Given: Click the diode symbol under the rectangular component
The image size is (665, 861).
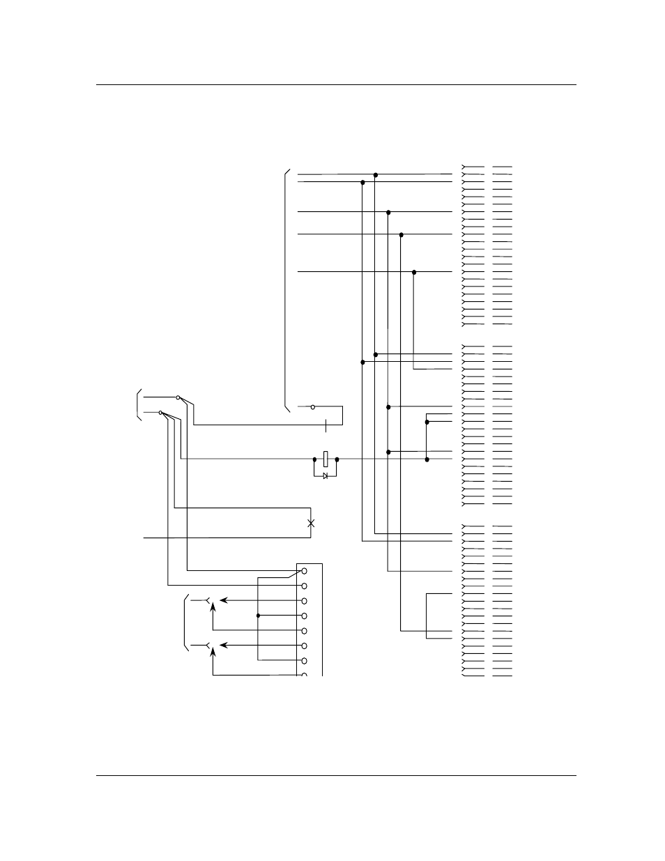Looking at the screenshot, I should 326,475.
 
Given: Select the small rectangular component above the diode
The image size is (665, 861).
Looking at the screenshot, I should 326,459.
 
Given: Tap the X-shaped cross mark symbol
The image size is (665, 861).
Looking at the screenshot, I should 311,523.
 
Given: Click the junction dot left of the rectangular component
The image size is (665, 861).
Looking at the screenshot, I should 314,459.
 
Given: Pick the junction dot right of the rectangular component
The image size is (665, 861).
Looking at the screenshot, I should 337,459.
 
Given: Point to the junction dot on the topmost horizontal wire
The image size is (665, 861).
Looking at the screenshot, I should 376,175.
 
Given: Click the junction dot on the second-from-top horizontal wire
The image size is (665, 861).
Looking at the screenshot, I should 362,183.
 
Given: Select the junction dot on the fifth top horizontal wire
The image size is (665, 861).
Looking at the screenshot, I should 414,272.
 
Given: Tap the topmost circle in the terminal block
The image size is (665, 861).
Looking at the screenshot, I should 304,571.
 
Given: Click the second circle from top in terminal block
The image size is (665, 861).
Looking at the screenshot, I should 304,586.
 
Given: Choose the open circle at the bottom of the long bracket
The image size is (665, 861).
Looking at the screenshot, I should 312,406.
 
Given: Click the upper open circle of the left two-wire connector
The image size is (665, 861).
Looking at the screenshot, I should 178,397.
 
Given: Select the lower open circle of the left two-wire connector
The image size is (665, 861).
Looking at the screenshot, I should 161,413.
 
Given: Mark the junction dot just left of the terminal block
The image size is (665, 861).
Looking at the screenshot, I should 258,616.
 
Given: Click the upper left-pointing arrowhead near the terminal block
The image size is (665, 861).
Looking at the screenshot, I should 223,600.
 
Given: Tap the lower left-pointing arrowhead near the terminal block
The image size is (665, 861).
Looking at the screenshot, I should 223,646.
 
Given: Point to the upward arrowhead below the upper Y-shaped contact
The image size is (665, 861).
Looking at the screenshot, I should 213,607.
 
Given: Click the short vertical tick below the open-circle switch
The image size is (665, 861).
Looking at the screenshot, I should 326,424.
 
